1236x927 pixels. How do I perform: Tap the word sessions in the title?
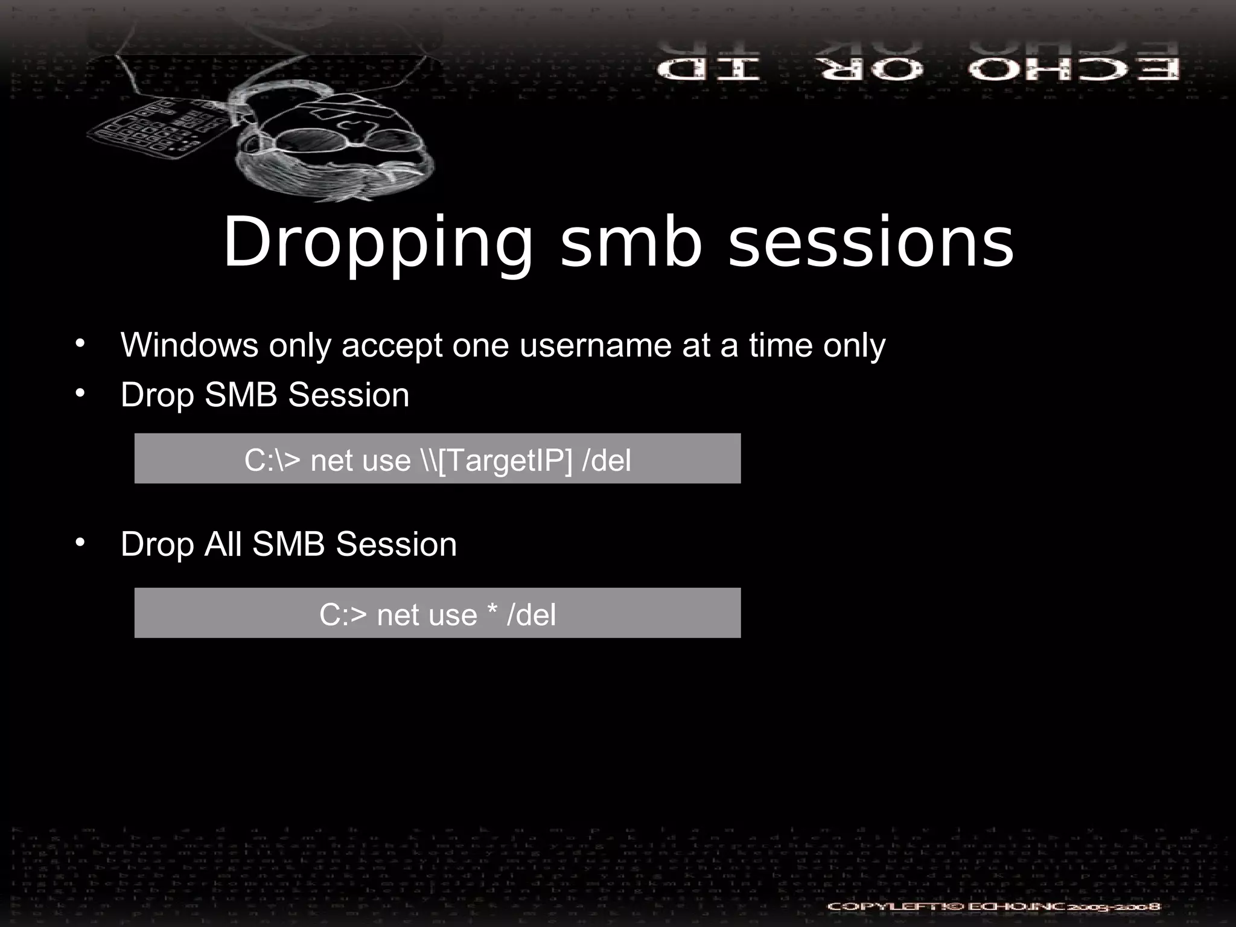coord(871,243)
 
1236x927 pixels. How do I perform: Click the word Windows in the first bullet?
coord(190,345)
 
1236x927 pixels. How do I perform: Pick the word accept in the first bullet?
coord(392,346)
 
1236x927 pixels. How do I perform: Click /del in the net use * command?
coord(531,615)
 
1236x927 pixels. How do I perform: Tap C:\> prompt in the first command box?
coord(272,460)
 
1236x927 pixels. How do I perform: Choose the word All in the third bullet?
coord(223,544)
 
